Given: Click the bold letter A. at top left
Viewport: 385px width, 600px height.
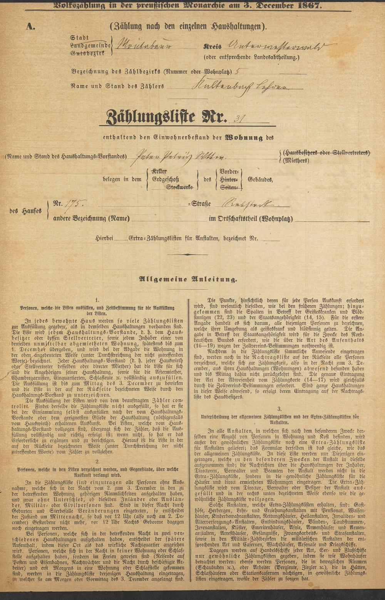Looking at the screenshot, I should tap(31, 26).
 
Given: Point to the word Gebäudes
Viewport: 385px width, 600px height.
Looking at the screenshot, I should tap(261, 179).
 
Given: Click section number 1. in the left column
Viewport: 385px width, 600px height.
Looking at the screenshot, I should tap(97, 299).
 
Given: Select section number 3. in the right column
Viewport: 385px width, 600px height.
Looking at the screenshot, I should tap(279, 408).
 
